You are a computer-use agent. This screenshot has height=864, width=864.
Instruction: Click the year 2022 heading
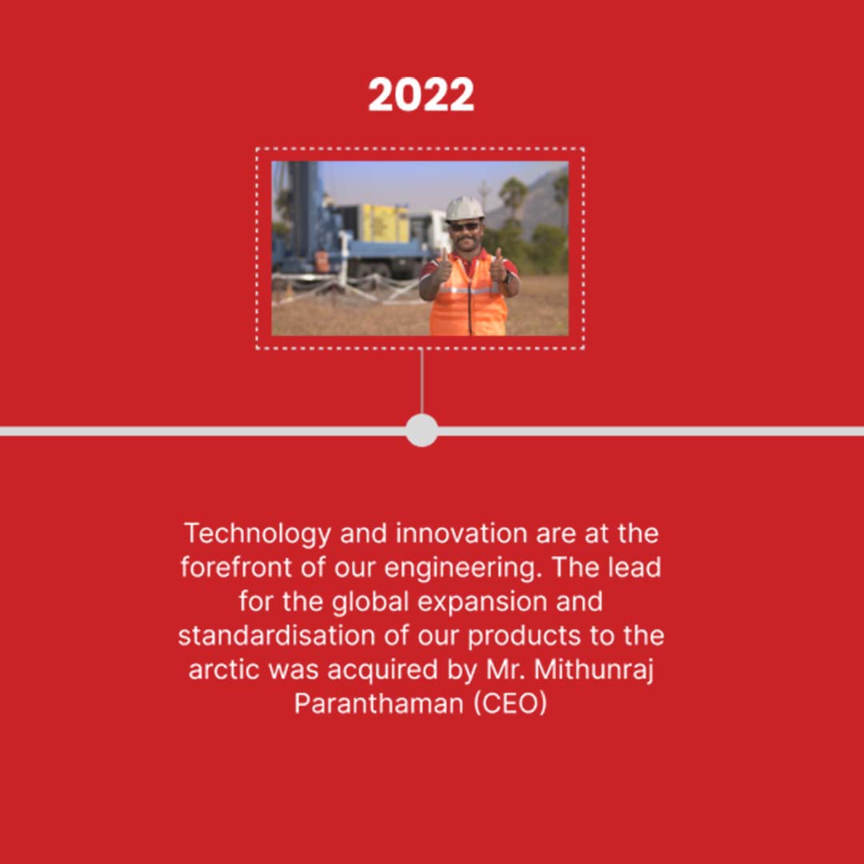(x=421, y=94)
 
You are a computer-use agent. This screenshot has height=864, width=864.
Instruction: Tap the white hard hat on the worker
(x=464, y=208)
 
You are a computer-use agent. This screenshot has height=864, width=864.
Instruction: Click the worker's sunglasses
(x=465, y=226)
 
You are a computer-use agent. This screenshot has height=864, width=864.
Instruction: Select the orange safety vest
(x=468, y=294)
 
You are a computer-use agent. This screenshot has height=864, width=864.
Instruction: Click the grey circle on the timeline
(x=422, y=430)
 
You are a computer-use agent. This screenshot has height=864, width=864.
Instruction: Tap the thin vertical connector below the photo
(x=422, y=382)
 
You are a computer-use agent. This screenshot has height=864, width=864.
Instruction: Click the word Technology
(x=258, y=534)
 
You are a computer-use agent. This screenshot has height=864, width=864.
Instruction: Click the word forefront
(x=236, y=567)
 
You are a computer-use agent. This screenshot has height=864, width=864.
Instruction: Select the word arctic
(x=223, y=670)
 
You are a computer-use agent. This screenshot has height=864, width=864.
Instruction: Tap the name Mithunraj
(x=594, y=671)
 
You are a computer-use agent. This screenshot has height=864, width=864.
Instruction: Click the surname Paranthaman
(x=379, y=704)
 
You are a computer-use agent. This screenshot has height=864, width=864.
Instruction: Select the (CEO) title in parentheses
(x=510, y=704)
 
